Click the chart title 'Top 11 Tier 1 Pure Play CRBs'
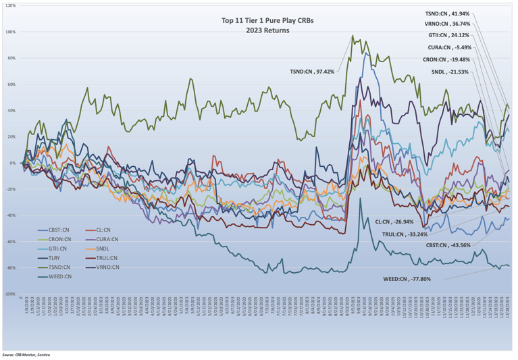259,20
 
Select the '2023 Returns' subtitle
259,30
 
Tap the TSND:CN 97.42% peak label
313,72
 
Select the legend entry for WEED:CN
57,276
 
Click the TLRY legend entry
53,257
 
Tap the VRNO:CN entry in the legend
106,267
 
